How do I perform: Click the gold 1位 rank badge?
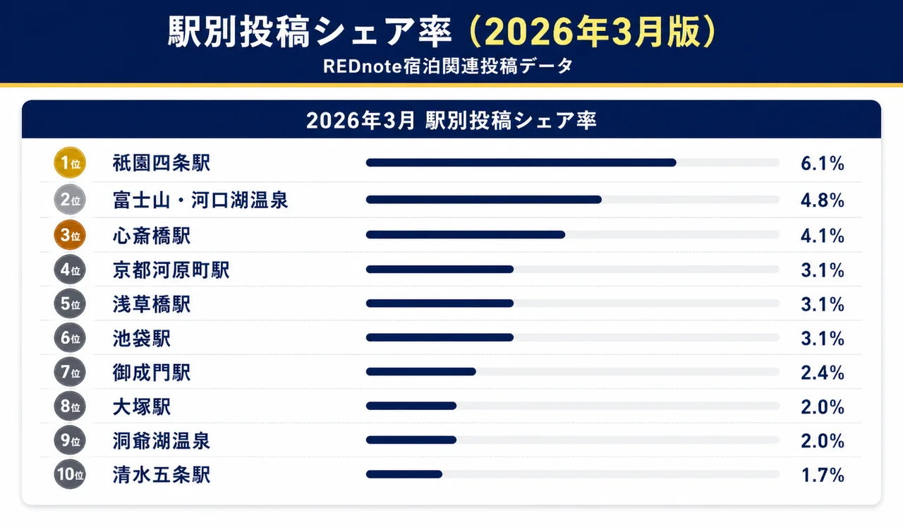(x=69, y=164)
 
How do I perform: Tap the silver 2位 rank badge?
(x=69, y=200)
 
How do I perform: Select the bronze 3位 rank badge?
(x=69, y=235)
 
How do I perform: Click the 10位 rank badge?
(x=69, y=474)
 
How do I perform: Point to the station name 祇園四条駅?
(x=161, y=164)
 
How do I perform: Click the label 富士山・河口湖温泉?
(x=200, y=200)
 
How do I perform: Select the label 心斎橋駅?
(x=152, y=235)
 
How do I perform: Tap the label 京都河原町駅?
(x=171, y=270)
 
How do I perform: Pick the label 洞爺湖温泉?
(x=161, y=440)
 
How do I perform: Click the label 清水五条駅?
(x=161, y=475)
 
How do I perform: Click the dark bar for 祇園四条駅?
(x=521, y=163)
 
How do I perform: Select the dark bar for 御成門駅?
(x=420, y=372)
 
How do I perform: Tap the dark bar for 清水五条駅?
(x=404, y=474)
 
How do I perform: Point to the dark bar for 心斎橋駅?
(x=465, y=234)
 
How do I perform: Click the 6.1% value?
(x=822, y=164)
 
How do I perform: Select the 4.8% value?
(x=822, y=200)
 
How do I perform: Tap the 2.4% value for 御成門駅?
(x=822, y=372)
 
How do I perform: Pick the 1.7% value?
(x=822, y=475)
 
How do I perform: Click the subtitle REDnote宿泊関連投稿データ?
(x=447, y=66)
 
